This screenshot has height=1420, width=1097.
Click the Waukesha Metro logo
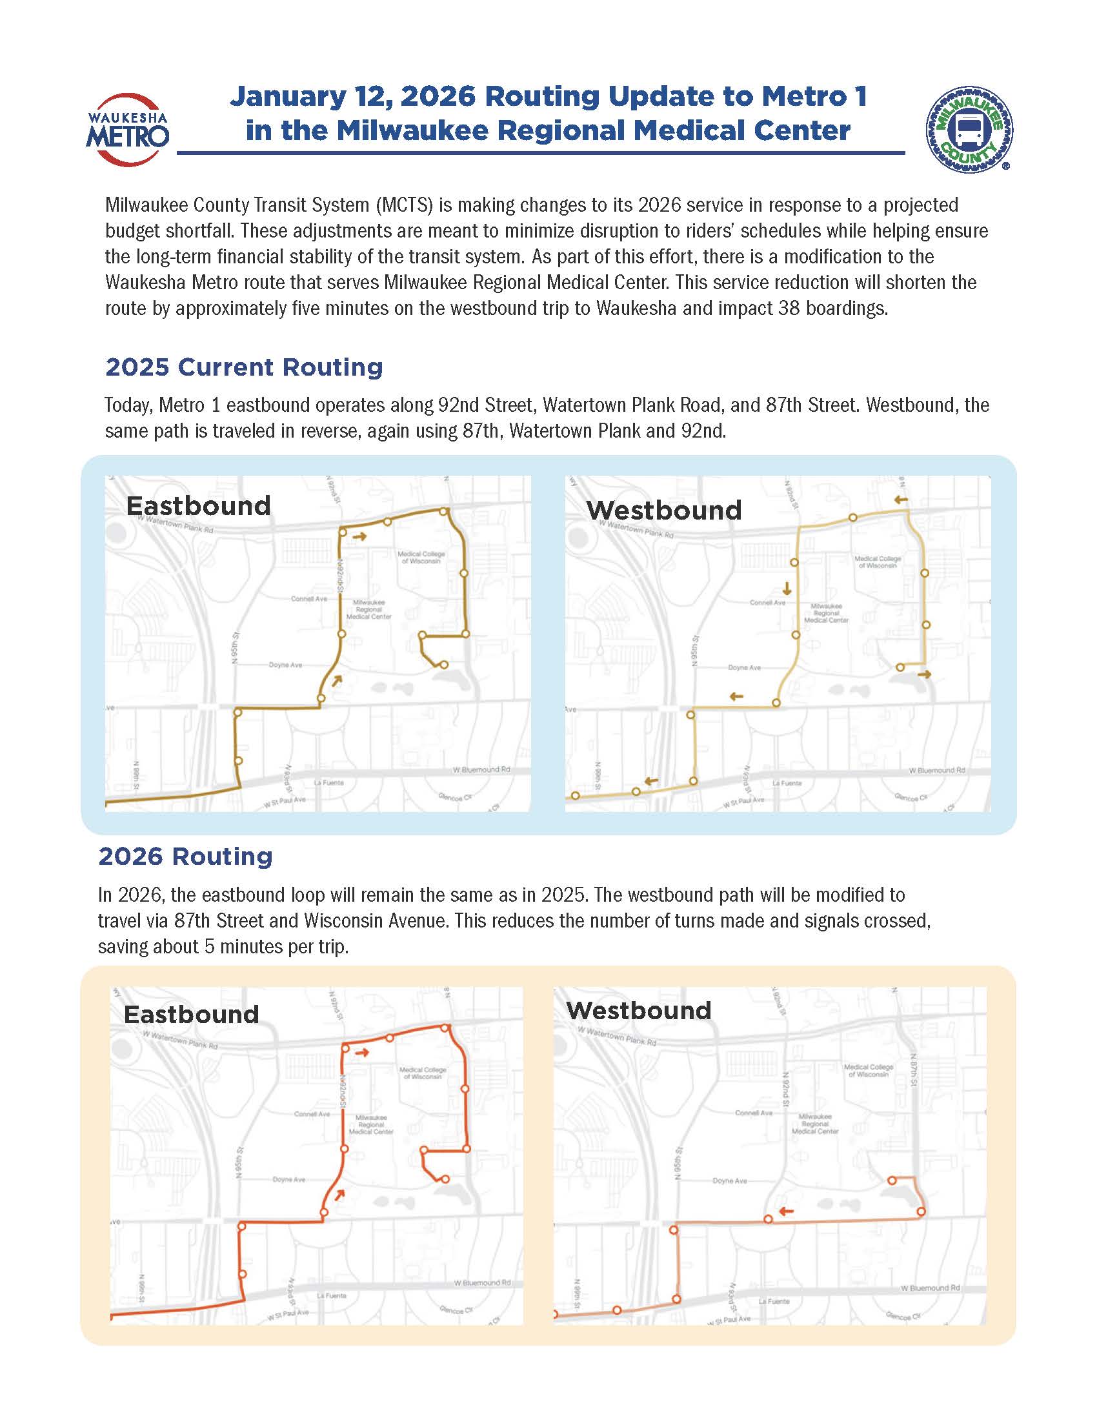pos(127,130)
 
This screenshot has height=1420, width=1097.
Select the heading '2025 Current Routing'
pos(244,367)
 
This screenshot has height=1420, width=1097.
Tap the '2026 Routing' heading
pos(185,857)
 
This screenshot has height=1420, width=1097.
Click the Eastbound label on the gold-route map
pos(198,506)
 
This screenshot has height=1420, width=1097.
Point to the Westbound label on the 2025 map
pos(663,511)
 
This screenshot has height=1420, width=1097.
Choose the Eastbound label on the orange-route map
pos(191,1014)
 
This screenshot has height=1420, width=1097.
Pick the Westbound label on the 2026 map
pos(638,1010)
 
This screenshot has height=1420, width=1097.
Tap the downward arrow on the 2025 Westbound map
pos(788,589)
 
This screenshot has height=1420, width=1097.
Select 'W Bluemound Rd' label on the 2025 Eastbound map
pos(481,770)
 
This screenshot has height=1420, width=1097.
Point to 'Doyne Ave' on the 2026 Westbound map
pos(730,1181)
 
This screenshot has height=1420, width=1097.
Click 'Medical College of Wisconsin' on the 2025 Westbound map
pos(878,562)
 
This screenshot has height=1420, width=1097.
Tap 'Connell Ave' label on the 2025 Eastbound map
pos(309,599)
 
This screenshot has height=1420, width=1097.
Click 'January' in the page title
pos(287,97)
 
